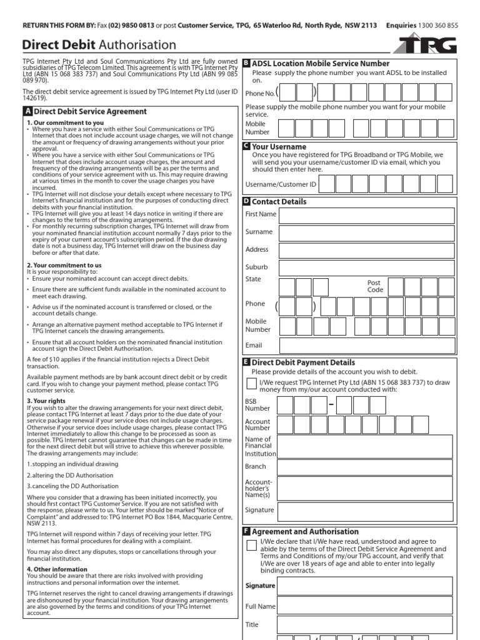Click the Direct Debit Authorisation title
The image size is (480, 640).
[x=99, y=45]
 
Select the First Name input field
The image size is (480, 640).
[x=366, y=215]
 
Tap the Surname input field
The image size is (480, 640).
[x=366, y=232]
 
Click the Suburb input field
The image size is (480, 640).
[x=366, y=268]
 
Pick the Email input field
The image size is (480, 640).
[x=366, y=346]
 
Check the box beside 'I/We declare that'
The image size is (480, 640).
[x=251, y=545]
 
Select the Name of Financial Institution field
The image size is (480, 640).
[x=366, y=446]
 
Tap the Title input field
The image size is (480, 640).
[x=366, y=625]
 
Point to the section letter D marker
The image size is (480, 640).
[x=246, y=202]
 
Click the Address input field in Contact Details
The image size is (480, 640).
[x=366, y=250]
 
